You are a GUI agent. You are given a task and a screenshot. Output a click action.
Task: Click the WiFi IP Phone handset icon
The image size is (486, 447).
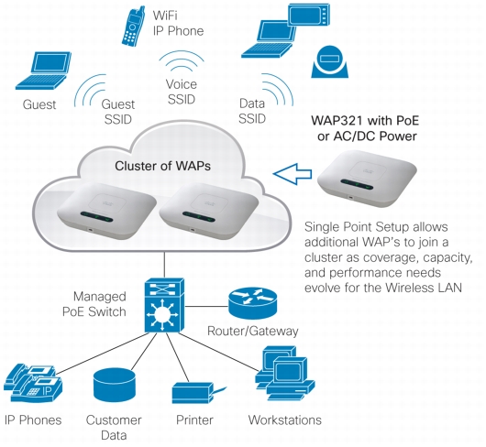click(134, 26)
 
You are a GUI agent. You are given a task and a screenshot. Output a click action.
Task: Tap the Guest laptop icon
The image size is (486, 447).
click(43, 71)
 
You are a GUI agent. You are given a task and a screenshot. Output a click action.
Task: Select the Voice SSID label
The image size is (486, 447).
click(182, 92)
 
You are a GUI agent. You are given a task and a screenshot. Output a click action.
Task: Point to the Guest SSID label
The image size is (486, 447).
click(118, 112)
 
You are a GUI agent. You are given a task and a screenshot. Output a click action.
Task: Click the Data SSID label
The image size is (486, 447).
click(252, 111)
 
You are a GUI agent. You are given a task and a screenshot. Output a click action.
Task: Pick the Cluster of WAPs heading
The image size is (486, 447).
click(162, 166)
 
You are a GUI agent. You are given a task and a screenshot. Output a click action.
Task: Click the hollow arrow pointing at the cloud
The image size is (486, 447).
click(293, 174)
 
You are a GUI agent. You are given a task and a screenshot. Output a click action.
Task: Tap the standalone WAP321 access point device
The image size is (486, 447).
click(367, 179)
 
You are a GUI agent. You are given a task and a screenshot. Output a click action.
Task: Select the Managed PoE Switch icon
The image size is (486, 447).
click(164, 305)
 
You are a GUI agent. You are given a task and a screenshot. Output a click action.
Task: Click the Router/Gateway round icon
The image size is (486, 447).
click(252, 303)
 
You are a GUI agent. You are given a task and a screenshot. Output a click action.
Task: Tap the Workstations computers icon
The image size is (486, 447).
click(284, 373)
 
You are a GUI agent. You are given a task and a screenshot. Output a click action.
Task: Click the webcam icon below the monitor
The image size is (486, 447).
click(329, 61)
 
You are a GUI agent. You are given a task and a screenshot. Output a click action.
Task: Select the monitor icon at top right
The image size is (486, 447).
click(308, 15)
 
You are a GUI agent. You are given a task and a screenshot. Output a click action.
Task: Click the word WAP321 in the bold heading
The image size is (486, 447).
click(337, 120)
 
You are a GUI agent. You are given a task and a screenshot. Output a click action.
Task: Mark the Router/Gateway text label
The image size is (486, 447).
click(252, 331)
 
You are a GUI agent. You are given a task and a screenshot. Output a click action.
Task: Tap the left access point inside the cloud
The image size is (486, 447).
click(106, 211)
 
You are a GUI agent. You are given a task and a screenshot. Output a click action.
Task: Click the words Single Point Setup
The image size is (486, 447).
click(356, 227)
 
